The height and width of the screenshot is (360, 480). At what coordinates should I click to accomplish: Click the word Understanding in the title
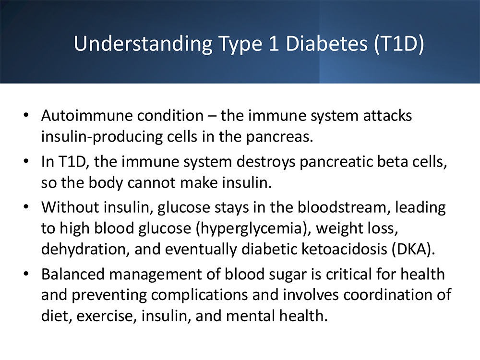(143, 44)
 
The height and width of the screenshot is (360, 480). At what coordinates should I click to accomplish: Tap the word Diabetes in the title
(326, 43)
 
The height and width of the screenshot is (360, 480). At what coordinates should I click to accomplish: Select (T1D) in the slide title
(399, 44)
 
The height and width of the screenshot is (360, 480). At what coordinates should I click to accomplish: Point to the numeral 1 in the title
(274, 43)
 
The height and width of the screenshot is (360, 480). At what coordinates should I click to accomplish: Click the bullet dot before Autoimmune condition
(26, 115)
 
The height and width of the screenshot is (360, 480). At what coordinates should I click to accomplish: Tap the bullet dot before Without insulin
(26, 206)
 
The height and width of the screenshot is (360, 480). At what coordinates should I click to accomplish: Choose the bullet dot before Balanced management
(26, 274)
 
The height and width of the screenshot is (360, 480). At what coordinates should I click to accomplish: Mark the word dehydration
(84, 249)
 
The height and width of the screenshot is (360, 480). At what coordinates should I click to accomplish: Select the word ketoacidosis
(344, 249)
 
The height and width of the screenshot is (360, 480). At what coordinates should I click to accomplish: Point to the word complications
(199, 295)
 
